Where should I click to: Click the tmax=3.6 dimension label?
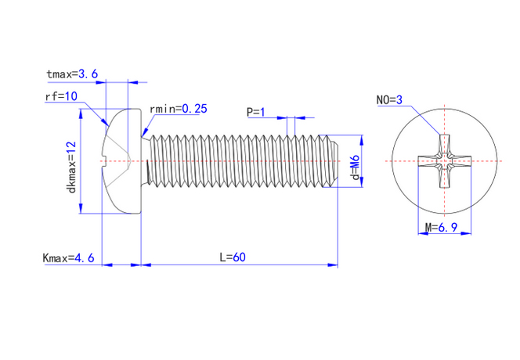[72, 74]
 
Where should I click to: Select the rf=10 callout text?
[61, 96]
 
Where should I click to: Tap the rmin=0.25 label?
[178, 110]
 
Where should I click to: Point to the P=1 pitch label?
[255, 113]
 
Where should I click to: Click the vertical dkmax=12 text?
[71, 167]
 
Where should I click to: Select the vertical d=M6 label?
[355, 167]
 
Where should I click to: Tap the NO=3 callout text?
[389, 100]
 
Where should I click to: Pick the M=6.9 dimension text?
[440, 228]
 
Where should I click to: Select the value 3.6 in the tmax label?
[88, 74]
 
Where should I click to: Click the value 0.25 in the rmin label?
[194, 110]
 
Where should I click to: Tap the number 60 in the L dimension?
[240, 257]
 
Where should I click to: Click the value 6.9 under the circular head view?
[446, 228]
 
